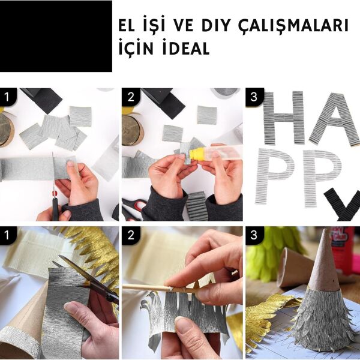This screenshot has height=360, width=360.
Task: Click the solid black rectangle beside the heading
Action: click(x=56, y=36)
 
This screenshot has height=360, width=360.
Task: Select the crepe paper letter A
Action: click(x=335, y=120)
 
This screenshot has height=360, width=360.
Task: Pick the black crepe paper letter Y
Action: click(x=343, y=206)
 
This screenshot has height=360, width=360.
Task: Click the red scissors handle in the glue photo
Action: click(x=137, y=206)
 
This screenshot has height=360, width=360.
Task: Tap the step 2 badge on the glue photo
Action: click(x=130, y=97)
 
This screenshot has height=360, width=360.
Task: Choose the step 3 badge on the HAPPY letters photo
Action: click(x=253, y=97)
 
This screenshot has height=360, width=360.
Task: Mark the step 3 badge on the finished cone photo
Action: click(x=253, y=235)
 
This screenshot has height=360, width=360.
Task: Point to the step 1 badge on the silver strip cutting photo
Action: click(x=8, y=97)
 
